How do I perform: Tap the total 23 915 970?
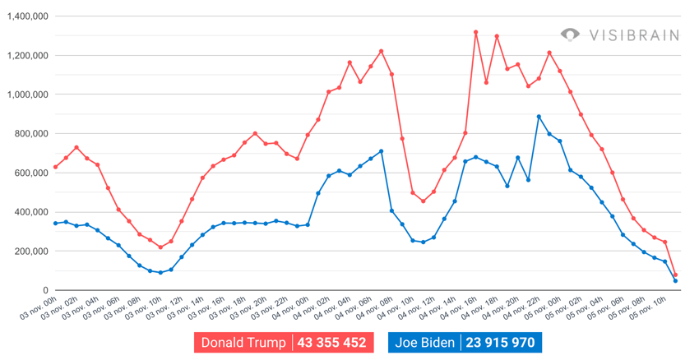[x=499, y=343]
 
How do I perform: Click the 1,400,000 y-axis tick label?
[x=27, y=16]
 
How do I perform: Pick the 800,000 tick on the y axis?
[x=30, y=134]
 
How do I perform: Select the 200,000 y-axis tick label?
[x=30, y=252]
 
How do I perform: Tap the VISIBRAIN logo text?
[x=633, y=35]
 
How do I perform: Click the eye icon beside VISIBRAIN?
[x=570, y=35]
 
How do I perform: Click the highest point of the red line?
[x=476, y=32]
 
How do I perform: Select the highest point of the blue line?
[x=539, y=117]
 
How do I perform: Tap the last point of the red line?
[x=675, y=275]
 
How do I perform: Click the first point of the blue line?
[x=55, y=224]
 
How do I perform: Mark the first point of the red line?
[x=55, y=167]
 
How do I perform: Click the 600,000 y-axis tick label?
[x=30, y=173]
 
